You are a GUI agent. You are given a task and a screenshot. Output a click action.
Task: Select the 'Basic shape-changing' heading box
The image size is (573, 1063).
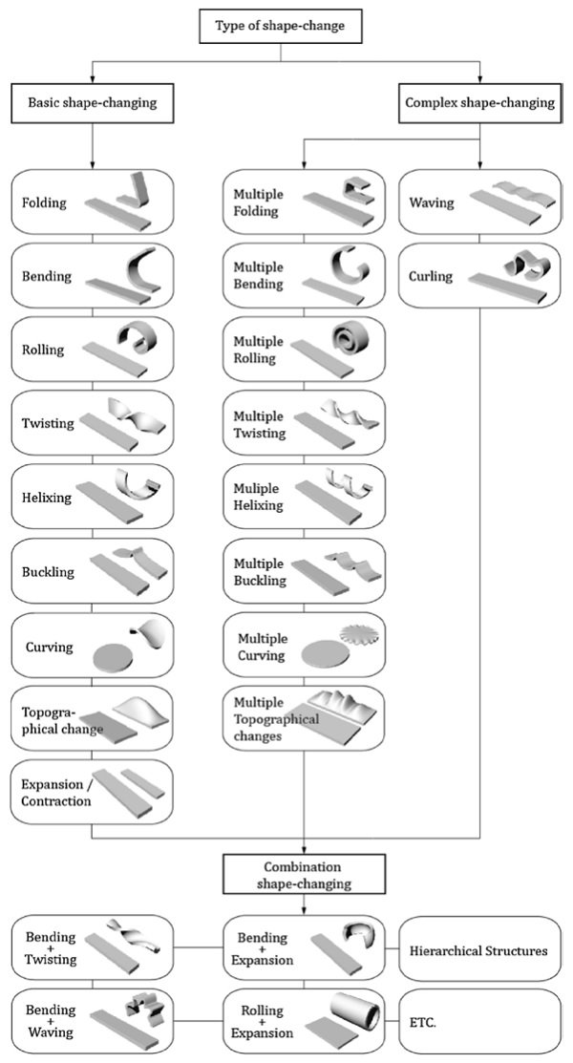coord(92,103)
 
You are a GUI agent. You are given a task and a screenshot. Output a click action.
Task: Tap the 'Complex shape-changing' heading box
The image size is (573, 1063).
coord(478,103)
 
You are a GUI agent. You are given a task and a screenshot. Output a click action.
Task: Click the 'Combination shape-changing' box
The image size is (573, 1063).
coord(304,875)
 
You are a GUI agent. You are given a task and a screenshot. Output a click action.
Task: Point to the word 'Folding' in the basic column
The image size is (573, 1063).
coord(44,202)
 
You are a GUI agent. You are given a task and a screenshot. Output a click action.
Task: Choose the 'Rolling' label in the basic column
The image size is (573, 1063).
coord(43,350)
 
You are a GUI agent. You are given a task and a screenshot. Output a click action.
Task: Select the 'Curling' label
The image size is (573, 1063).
coord(431,277)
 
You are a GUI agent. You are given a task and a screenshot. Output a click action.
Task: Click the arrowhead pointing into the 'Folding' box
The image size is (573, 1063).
coord(93,165)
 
